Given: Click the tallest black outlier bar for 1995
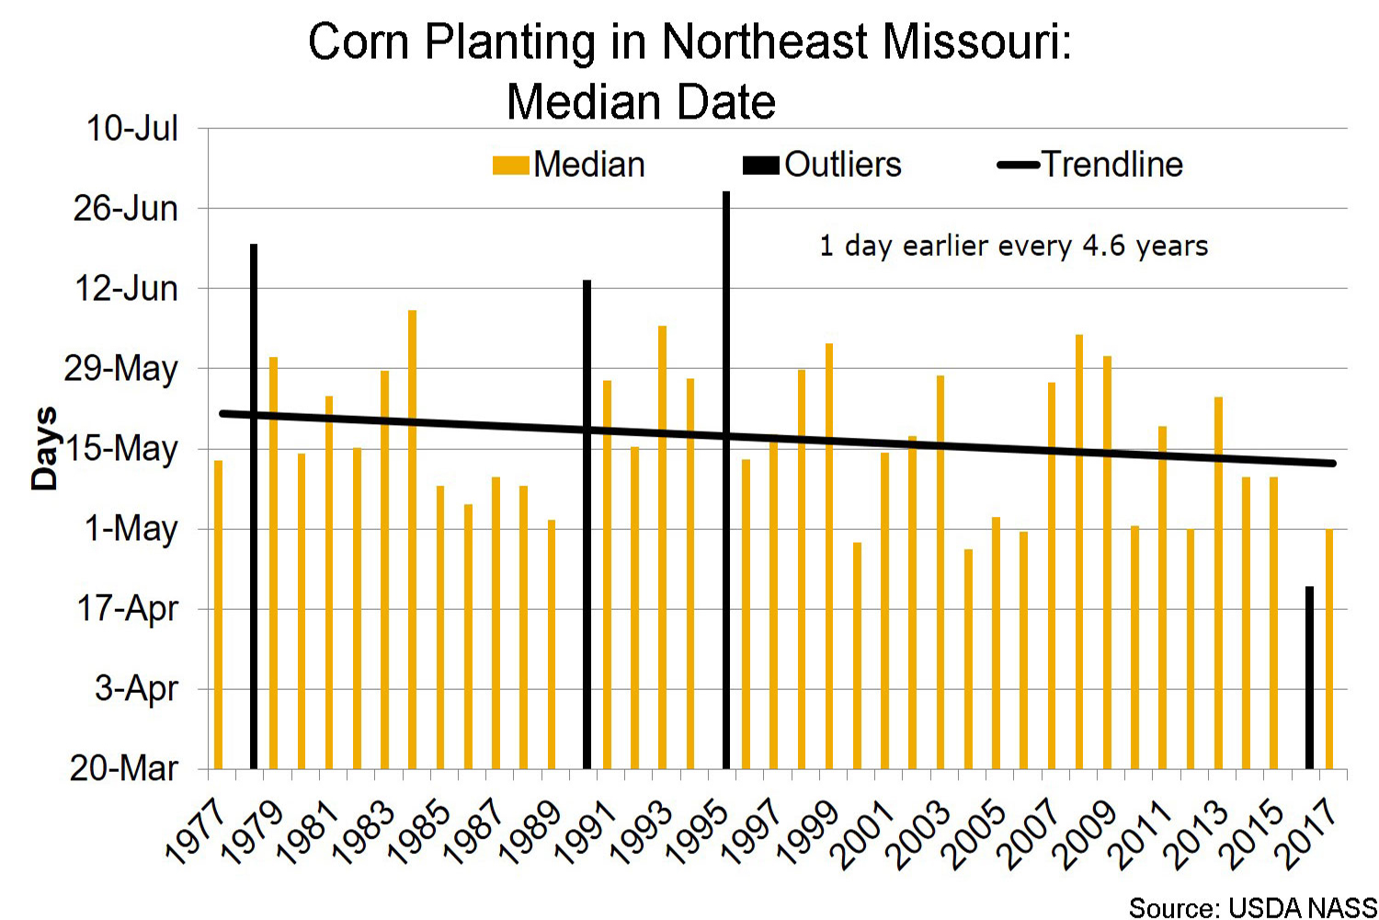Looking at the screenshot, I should pyautogui.click(x=726, y=478).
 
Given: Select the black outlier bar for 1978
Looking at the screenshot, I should pyautogui.click(x=254, y=506).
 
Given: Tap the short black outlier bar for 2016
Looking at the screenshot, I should pyautogui.click(x=1309, y=677).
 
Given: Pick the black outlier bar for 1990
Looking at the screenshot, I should pyautogui.click(x=587, y=524).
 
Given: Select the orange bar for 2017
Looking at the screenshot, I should pyautogui.click(x=1329, y=649).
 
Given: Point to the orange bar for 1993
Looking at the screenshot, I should pyautogui.click(x=662, y=546).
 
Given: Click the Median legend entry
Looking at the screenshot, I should pyautogui.click(x=569, y=166).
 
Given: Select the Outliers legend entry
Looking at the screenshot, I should pyautogui.click(x=823, y=166).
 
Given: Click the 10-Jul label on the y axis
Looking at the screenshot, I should pyautogui.click(x=132, y=129).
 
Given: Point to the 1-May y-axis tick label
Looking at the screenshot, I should pyautogui.click(x=131, y=529).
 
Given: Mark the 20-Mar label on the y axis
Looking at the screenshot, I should pyautogui.click(x=124, y=768).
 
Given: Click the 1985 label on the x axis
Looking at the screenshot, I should pyautogui.click(x=419, y=833).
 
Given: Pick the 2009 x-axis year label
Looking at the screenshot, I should pyautogui.click(x=1087, y=833).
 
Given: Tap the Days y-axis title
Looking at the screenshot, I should pyautogui.click(x=44, y=448).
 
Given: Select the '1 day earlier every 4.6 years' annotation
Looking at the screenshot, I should pyautogui.click(x=1013, y=247).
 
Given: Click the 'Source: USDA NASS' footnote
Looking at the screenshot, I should pyautogui.click(x=1252, y=908).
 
